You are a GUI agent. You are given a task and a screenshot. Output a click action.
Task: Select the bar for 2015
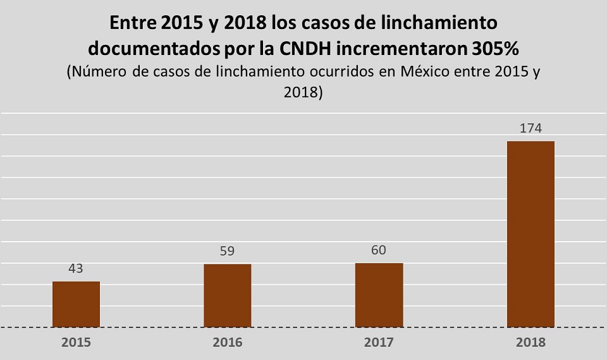(x=76, y=304)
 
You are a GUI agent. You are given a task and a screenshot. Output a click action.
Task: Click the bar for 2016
(x=227, y=295)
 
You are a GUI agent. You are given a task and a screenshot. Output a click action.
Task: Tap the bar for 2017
(x=379, y=295)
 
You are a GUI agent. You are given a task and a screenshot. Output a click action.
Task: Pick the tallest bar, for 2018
(x=530, y=234)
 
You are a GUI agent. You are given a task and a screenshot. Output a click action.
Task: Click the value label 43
(x=76, y=268)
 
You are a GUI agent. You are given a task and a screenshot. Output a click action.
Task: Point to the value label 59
(x=227, y=251)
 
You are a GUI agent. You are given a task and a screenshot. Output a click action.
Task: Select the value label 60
(x=379, y=250)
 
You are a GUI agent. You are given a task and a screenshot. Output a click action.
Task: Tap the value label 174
(x=530, y=128)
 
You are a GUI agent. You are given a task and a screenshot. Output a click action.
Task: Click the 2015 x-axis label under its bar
(x=76, y=343)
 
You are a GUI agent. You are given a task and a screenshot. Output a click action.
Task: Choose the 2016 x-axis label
(x=227, y=343)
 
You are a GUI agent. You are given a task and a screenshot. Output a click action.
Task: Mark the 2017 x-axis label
(x=379, y=343)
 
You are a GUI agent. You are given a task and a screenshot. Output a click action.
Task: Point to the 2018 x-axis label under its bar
(x=530, y=343)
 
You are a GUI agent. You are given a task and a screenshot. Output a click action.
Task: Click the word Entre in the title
(x=132, y=23)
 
